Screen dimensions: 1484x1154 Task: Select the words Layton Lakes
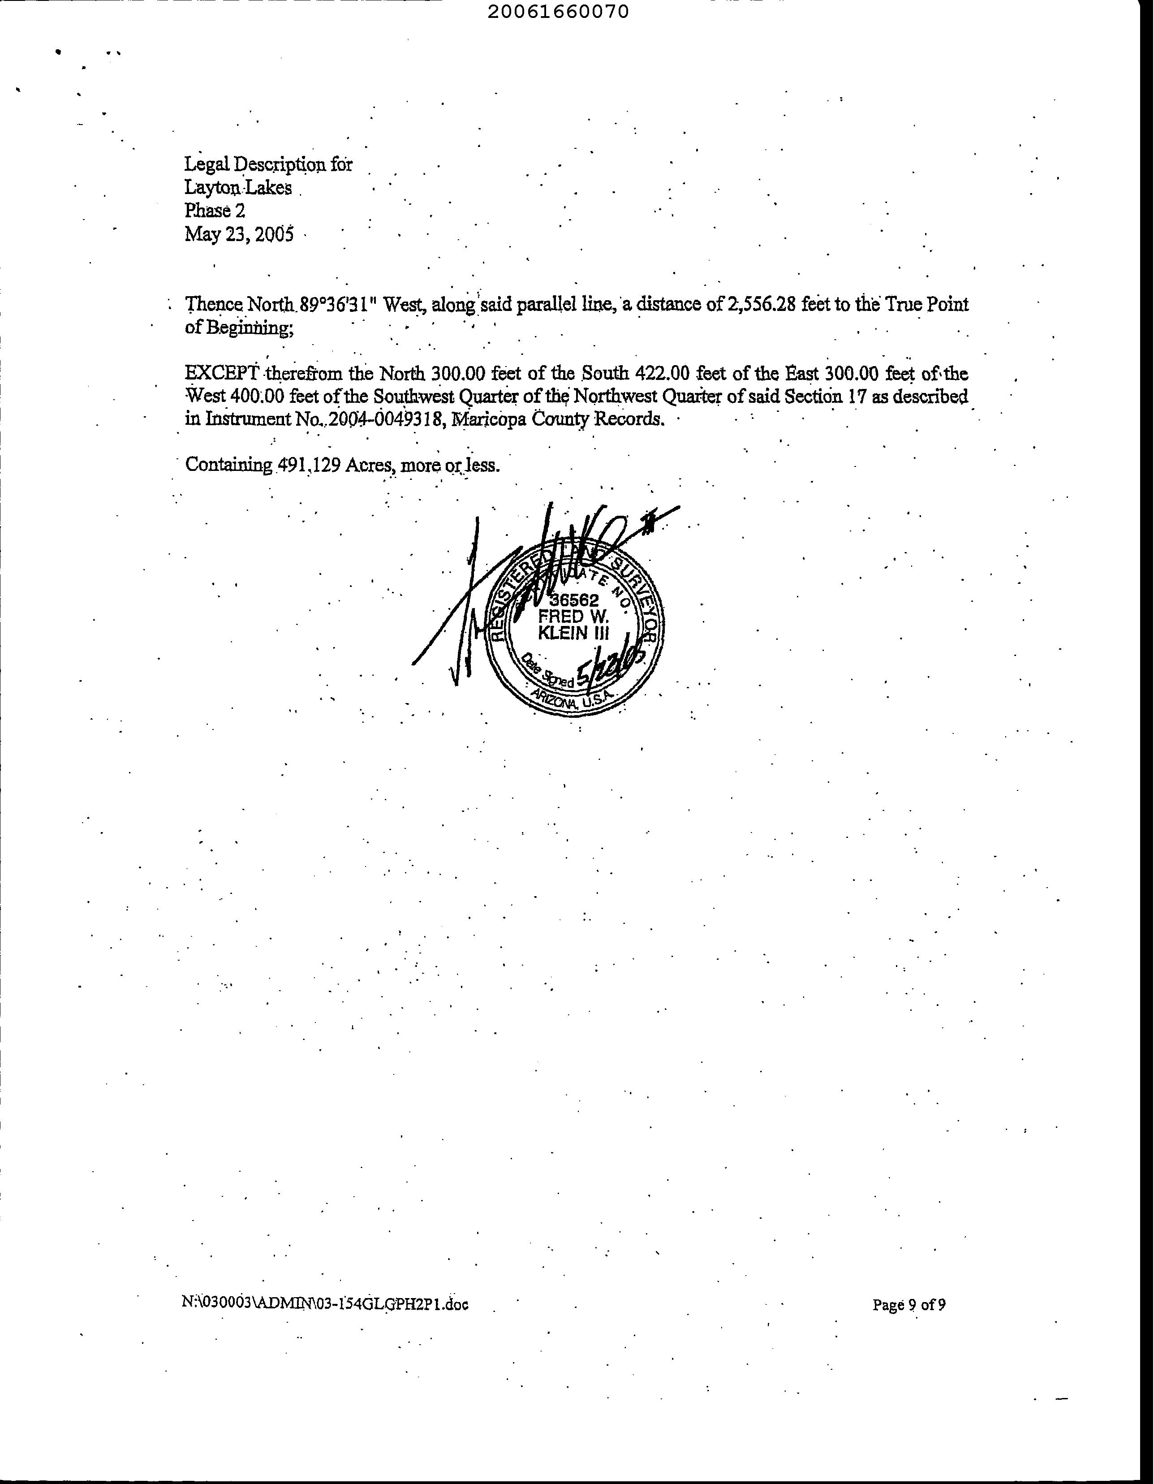tap(238, 188)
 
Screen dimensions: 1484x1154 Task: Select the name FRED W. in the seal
tap(573, 617)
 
